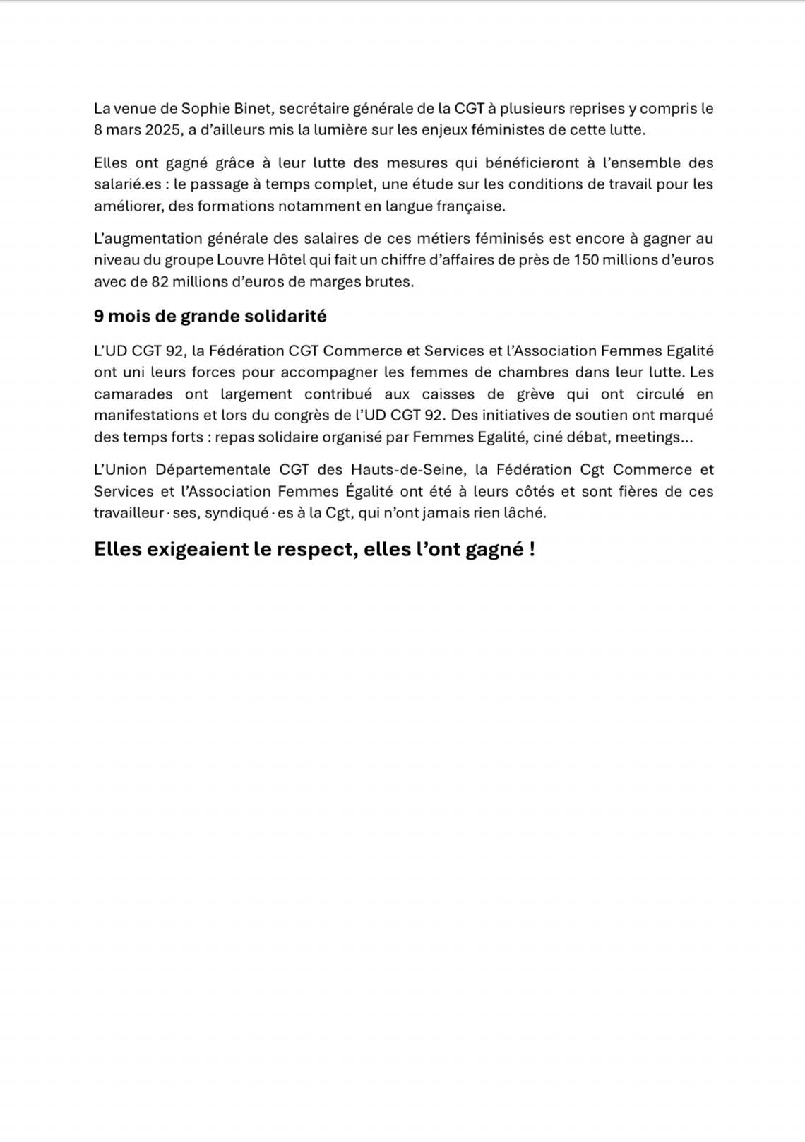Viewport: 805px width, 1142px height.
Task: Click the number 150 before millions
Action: (585, 260)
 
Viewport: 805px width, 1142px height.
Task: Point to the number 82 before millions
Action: (160, 282)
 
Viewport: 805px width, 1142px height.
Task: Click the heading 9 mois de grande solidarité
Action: (210, 317)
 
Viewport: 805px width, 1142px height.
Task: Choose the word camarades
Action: (133, 394)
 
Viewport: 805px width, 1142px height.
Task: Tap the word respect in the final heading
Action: (304, 550)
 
